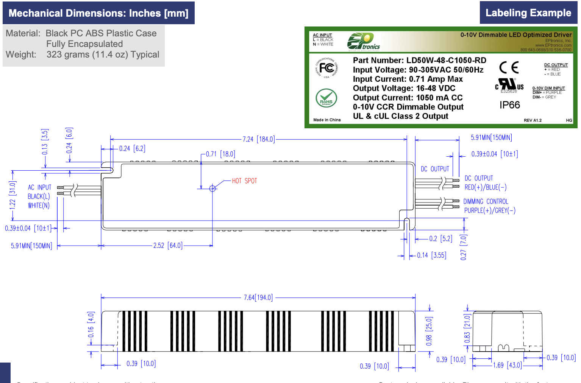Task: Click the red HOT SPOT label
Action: [x=244, y=181]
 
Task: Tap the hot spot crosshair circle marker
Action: [x=212, y=188]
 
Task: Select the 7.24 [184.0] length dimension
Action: [x=259, y=139]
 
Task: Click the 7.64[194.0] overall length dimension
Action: [x=258, y=297]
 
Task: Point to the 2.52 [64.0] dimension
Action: [x=168, y=246]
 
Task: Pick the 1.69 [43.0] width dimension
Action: [x=507, y=365]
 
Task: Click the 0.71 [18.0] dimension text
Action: [x=220, y=154]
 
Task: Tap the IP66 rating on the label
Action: [x=509, y=105]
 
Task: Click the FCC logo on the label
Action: [x=326, y=68]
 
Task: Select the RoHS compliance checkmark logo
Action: [x=326, y=98]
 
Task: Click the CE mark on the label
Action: [x=509, y=68]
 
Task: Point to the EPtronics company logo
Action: [x=363, y=42]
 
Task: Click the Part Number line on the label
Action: [x=419, y=61]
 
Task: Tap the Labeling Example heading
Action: [x=528, y=13]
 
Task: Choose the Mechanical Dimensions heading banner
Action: [x=98, y=13]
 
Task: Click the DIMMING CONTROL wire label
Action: [x=486, y=202]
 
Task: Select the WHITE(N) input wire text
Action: [x=39, y=206]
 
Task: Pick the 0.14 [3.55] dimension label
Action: [x=431, y=255]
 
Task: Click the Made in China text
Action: [x=327, y=120]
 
